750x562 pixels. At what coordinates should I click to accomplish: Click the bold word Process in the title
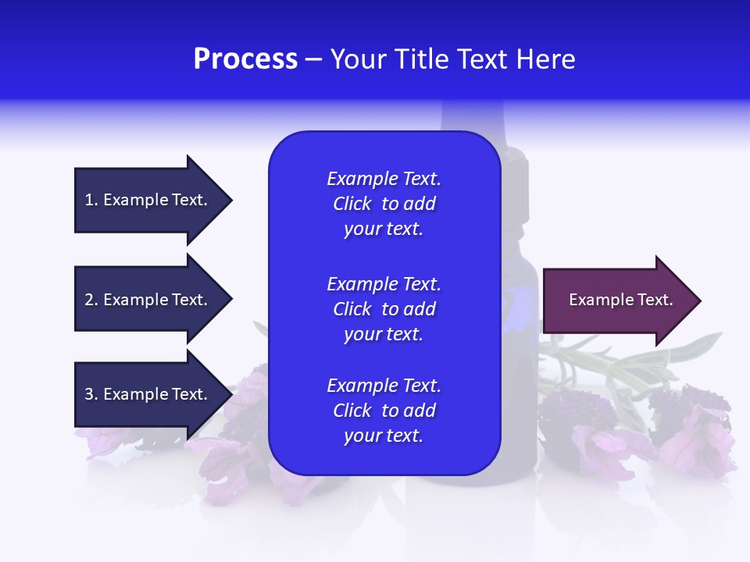point(245,59)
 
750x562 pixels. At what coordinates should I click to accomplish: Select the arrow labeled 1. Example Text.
point(148,200)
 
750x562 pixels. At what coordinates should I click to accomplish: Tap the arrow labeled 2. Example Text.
point(148,300)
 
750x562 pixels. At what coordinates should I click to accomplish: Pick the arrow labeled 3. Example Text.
point(148,394)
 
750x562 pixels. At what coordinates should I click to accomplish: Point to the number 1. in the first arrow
point(91,200)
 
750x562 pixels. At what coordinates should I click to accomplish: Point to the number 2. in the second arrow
point(91,300)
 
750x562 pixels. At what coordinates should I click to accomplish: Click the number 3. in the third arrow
point(91,394)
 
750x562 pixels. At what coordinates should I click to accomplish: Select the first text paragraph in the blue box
point(384,204)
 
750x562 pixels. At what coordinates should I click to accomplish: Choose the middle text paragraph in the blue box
point(384,309)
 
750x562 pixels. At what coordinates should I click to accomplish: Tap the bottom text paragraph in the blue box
point(384,411)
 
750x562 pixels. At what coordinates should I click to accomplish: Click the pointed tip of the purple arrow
point(698,301)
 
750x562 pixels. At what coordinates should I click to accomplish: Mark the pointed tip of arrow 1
point(230,200)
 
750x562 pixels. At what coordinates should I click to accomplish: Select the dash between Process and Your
point(314,60)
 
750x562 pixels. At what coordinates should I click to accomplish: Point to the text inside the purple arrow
point(620,300)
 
